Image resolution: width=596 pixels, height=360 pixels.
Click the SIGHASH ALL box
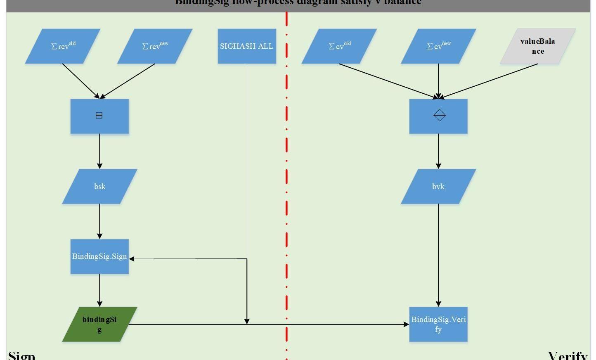click(x=247, y=46)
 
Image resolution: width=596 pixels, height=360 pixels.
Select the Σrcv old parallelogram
click(x=63, y=46)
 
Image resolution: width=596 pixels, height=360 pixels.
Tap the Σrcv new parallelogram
click(x=155, y=46)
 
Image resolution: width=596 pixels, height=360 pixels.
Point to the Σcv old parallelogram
click(x=339, y=46)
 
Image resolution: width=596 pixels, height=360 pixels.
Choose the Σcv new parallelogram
click(x=438, y=46)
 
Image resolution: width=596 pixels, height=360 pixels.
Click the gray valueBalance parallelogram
click(x=537, y=46)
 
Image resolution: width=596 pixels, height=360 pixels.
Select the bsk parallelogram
click(x=99, y=186)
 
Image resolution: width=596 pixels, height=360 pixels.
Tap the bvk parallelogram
click(x=438, y=186)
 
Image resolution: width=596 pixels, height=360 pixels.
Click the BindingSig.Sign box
click(x=99, y=256)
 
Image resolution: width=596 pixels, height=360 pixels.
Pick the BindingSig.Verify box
click(x=438, y=324)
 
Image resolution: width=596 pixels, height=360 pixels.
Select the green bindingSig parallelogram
click(x=99, y=324)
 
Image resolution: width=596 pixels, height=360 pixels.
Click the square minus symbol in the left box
click(x=99, y=115)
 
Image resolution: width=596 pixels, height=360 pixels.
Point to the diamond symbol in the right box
click(x=440, y=115)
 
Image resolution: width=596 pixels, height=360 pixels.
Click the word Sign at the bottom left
click(x=21, y=355)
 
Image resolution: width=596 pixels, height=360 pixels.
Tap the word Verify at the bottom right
click(x=568, y=355)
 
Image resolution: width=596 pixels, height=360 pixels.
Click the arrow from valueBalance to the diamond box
click(x=489, y=81)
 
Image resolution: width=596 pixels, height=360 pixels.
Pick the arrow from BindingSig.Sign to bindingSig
click(x=99, y=290)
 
